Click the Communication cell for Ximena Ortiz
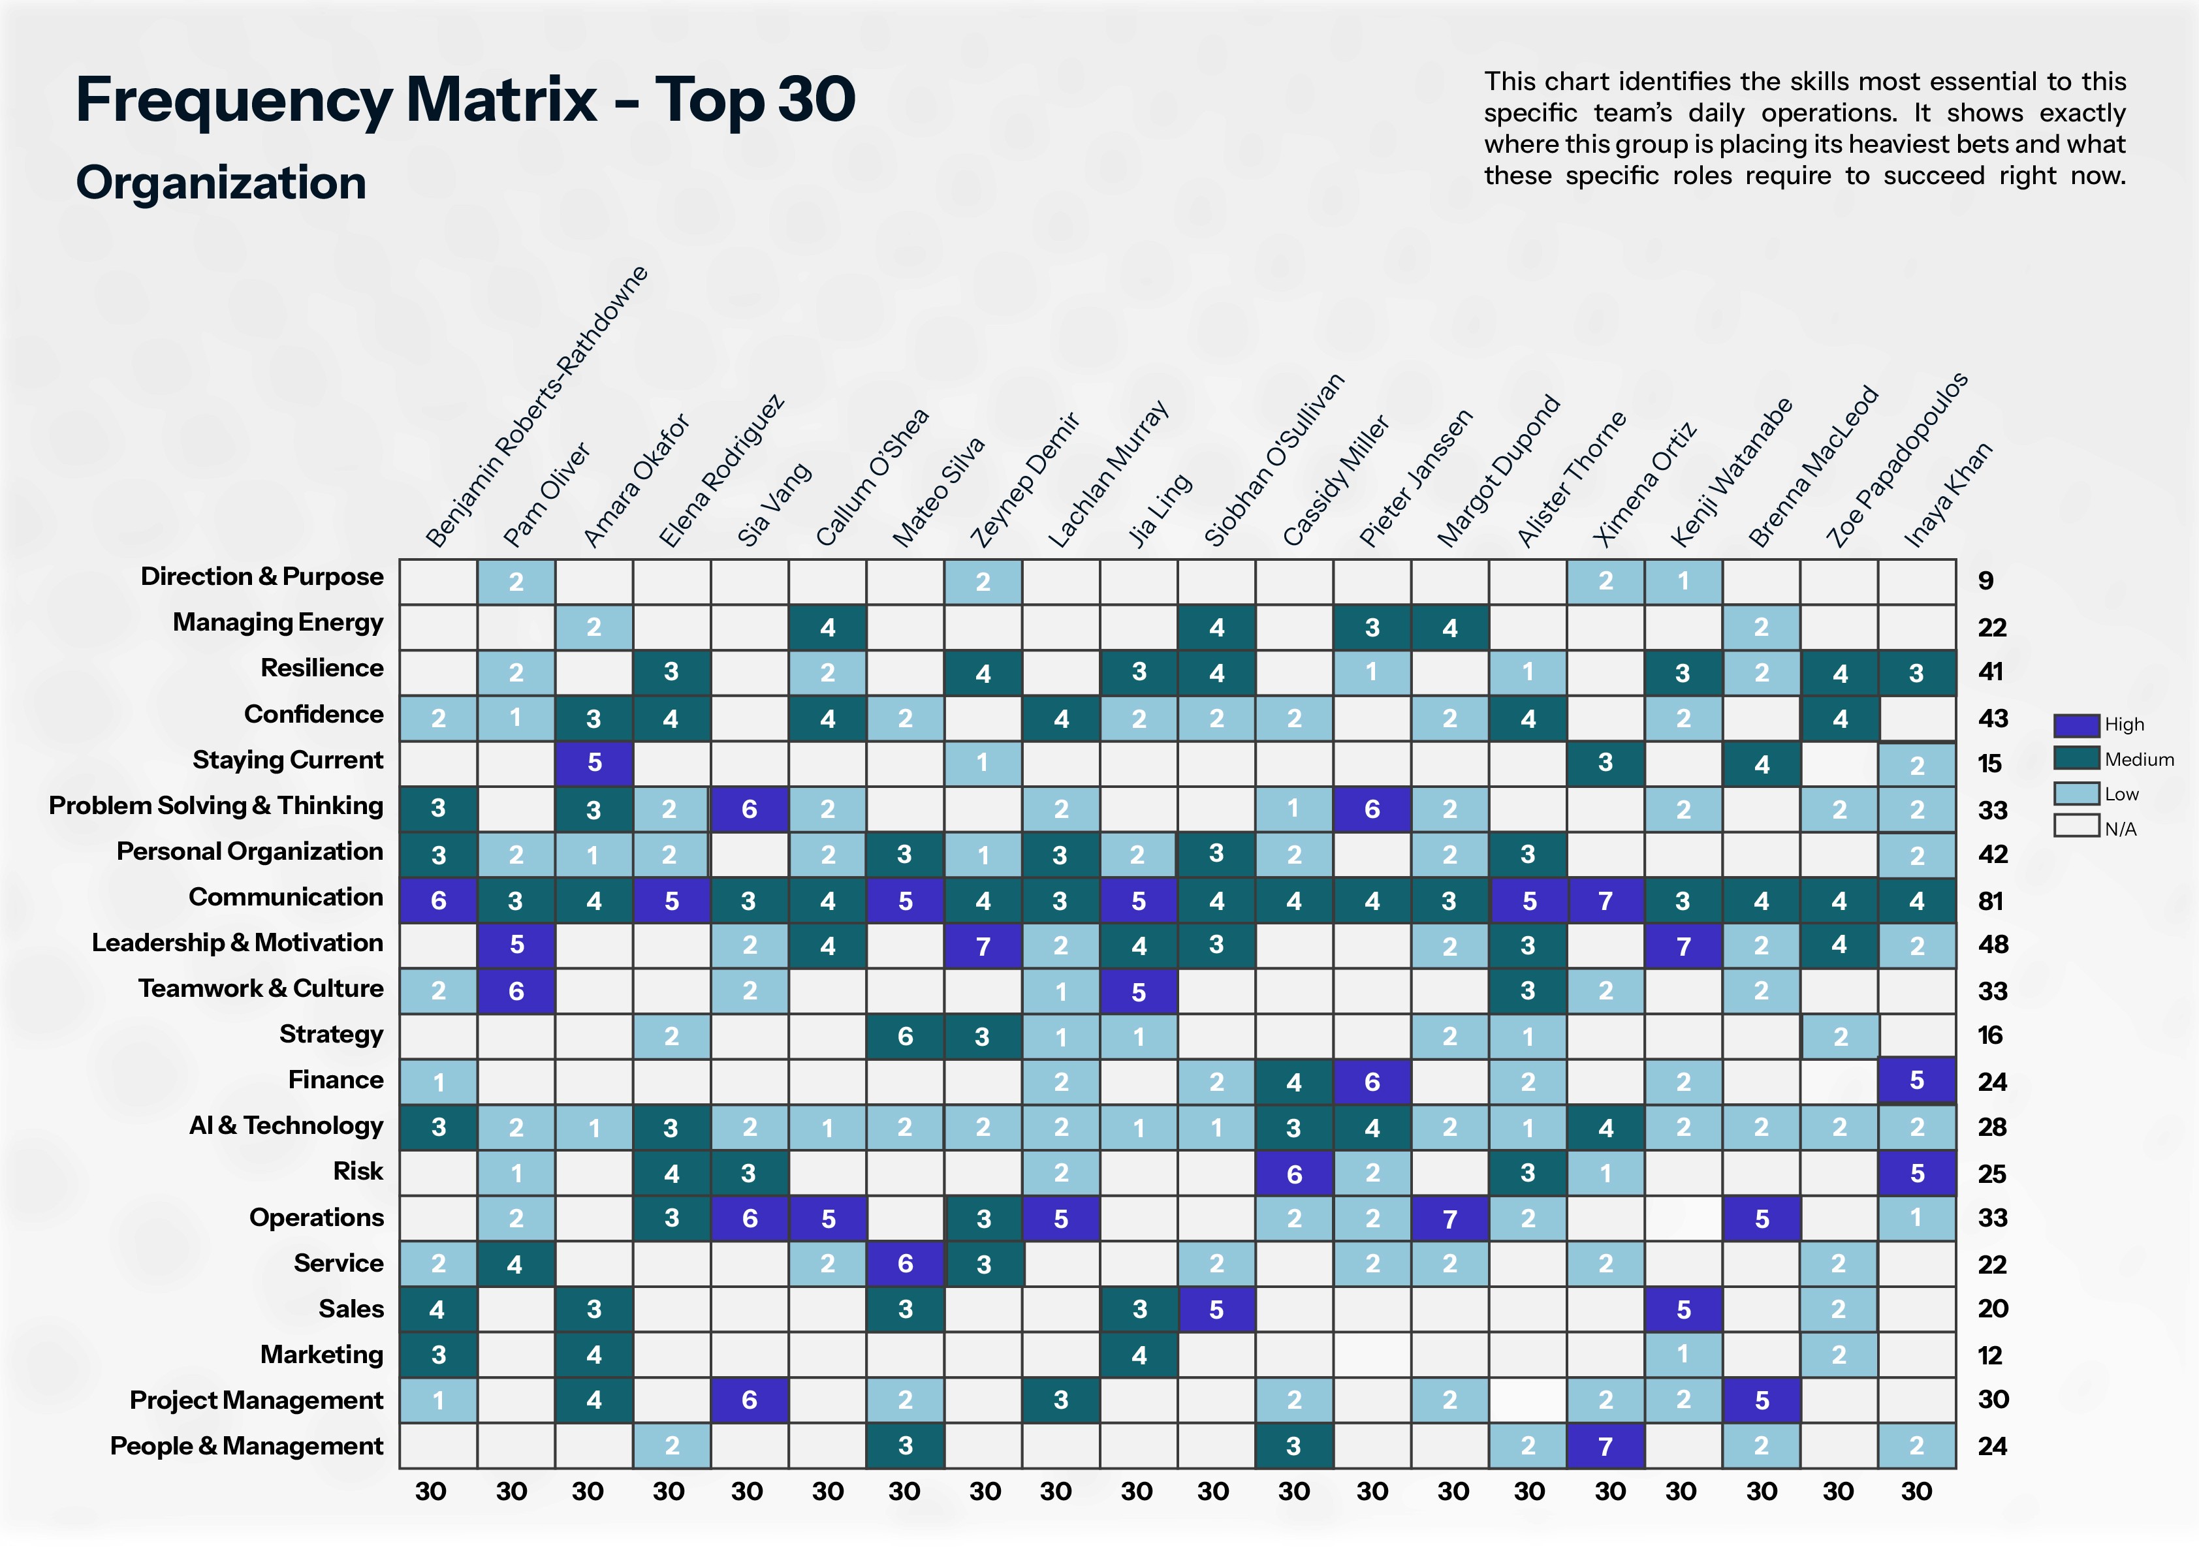[x=1606, y=901]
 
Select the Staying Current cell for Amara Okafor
[x=593, y=763]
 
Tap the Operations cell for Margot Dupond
[x=1449, y=1219]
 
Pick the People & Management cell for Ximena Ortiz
[x=1606, y=1446]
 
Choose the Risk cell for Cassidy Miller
[x=1294, y=1174]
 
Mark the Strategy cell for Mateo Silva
[x=905, y=1037]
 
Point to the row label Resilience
[x=322, y=668]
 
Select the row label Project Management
[x=256, y=1400]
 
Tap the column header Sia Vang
[x=774, y=504]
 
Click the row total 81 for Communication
[x=1992, y=901]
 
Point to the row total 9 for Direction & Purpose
[x=1985, y=580]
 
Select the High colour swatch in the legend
[x=2076, y=725]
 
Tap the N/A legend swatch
[x=2076, y=826]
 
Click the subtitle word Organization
[x=221, y=183]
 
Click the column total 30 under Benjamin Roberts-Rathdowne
[x=431, y=1491]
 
